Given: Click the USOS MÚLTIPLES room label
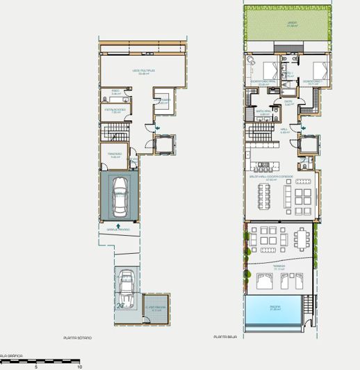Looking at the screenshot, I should tap(143, 71).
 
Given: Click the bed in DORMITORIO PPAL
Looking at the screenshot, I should tap(269, 70).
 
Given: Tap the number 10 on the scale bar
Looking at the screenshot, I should tap(80, 366).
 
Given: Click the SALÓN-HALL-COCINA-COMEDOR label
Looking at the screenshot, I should tap(277, 177).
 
